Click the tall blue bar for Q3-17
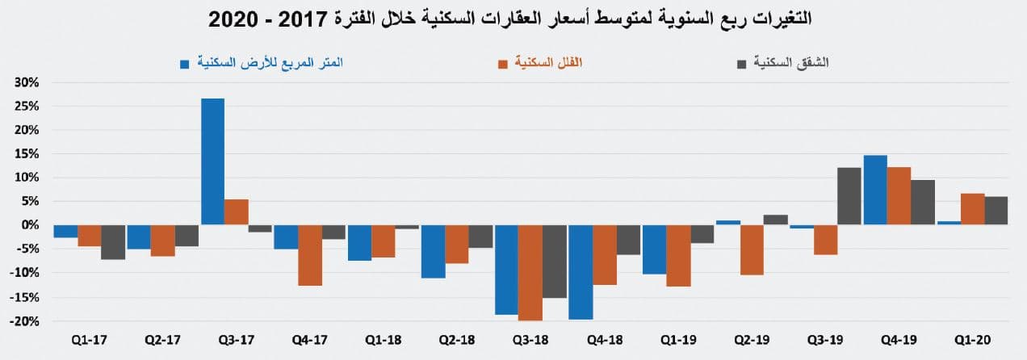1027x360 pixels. click(212, 161)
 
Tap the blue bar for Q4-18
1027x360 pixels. click(580, 272)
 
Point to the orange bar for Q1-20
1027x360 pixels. click(972, 209)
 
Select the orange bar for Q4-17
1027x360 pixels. click(310, 255)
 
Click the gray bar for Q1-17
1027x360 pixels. click(113, 242)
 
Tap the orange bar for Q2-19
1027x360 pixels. click(752, 250)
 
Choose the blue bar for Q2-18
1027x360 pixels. click(433, 251)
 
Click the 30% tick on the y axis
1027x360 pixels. click(27, 82)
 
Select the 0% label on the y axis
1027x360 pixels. click(31, 225)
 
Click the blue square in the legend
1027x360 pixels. click(185, 63)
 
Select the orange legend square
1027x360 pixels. click(502, 63)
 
